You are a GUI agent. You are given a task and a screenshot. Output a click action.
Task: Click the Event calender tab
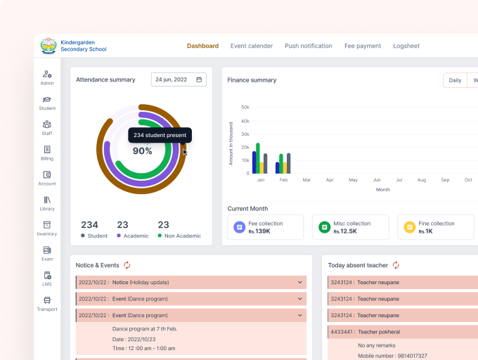252,46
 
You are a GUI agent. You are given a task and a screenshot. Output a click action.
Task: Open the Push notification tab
308,46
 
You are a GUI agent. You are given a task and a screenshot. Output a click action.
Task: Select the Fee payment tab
362,46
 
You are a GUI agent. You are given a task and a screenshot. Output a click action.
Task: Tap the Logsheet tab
406,46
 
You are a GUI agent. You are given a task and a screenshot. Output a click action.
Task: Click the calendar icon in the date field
200,80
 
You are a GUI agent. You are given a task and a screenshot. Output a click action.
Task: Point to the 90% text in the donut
142,151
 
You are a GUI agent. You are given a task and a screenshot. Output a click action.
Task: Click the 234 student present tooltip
160,135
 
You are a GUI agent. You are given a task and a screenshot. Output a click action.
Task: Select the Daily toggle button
455,80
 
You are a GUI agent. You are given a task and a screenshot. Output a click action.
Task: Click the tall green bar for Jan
258,158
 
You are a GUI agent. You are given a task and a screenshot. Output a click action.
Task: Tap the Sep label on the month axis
445,180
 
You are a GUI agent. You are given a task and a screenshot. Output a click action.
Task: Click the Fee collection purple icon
239,227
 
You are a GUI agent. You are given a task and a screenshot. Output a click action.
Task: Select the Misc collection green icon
324,227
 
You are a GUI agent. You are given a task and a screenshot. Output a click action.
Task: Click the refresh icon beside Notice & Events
127,265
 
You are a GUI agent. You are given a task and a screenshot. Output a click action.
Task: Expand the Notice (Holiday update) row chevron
300,282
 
